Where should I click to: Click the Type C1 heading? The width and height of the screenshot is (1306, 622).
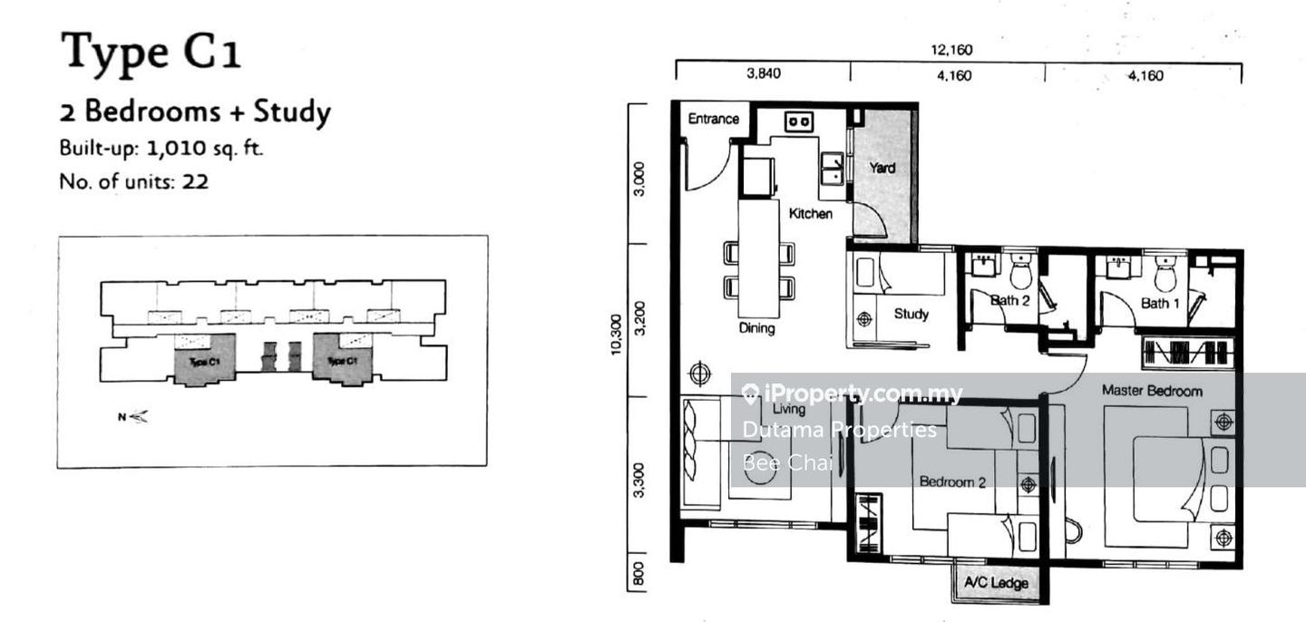(151, 52)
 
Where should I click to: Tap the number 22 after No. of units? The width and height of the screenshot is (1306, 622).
(195, 181)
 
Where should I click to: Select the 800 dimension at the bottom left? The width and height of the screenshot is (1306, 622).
(638, 574)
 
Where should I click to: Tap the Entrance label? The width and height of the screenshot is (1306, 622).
(713, 119)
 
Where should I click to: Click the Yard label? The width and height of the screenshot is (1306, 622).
(882, 168)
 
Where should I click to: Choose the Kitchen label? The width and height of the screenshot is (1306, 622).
(810, 214)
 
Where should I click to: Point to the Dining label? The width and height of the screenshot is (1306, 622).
(755, 328)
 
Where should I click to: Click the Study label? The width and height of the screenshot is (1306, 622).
(911, 314)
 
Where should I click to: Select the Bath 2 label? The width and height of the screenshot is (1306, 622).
(1009, 301)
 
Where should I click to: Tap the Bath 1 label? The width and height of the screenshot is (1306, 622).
(1160, 303)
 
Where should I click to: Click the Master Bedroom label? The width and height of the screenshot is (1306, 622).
(1152, 391)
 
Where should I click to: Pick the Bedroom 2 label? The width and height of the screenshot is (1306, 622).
(951, 481)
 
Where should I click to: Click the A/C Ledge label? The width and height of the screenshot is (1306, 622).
(997, 582)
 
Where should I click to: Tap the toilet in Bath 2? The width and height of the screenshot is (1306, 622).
(1021, 269)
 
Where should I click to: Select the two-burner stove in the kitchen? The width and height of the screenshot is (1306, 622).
(798, 121)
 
